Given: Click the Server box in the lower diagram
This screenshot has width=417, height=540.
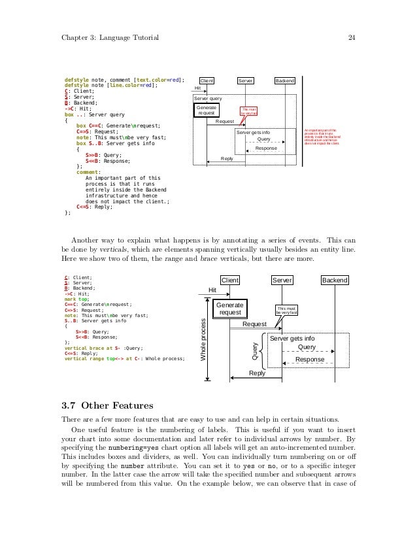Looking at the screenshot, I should point(282,280).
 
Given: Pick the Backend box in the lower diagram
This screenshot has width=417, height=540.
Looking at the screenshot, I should point(335,280).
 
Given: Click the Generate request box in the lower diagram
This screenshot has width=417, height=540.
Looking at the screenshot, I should point(230,309).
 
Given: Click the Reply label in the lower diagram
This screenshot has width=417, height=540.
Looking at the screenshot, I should point(257,373).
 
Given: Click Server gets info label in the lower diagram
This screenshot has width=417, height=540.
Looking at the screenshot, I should point(292,339).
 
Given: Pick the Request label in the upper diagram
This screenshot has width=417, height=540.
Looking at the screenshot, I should point(225,122).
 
